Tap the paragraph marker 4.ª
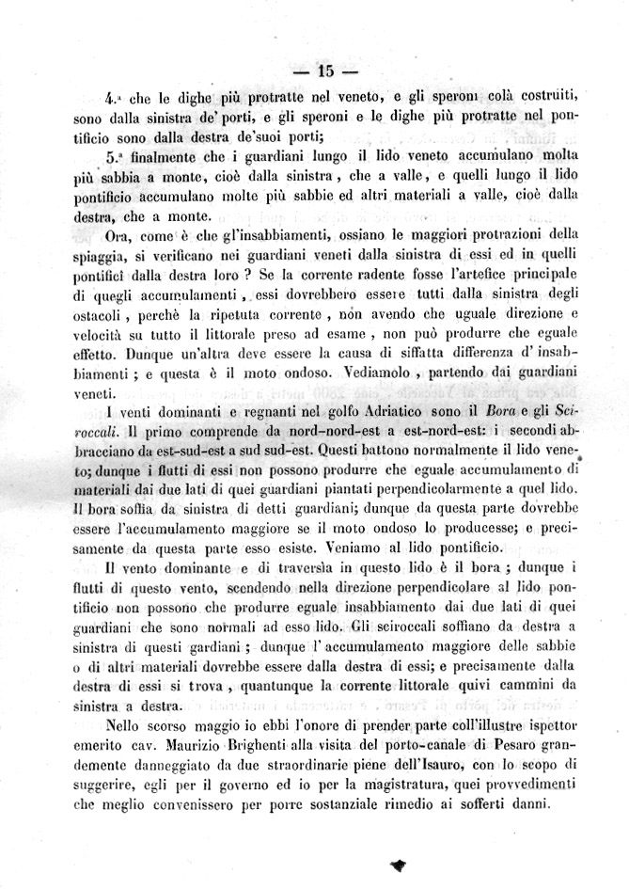click(x=114, y=97)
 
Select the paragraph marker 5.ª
click(x=115, y=157)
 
